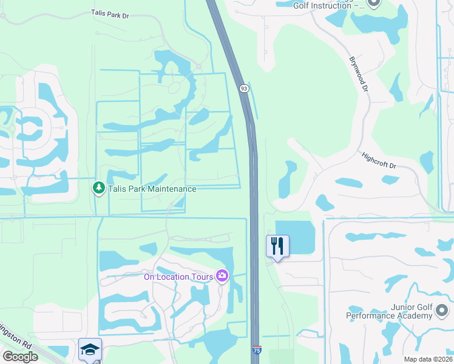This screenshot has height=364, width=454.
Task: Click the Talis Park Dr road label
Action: pyautogui.click(x=110, y=13)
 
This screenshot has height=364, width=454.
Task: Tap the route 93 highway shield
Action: pyautogui.click(x=243, y=89)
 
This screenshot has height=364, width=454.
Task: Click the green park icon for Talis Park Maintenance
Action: pyautogui.click(x=99, y=188)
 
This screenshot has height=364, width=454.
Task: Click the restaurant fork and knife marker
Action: pyautogui.click(x=277, y=246)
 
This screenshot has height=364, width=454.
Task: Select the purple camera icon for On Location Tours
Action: pyautogui.click(x=222, y=277)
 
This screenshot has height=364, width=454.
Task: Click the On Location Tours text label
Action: pyautogui.click(x=178, y=277)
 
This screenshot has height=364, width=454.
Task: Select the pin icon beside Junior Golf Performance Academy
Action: pyautogui.click(x=442, y=311)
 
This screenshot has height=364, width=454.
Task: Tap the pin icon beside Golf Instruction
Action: pyautogui.click(x=374, y=4)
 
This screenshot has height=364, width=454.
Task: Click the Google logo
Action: pyautogui.click(x=20, y=357)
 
